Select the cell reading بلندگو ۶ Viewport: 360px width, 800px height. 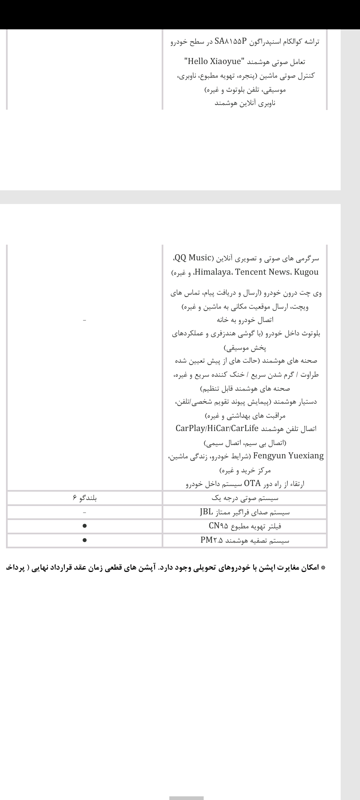[85, 498]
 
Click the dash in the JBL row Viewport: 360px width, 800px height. [85, 512]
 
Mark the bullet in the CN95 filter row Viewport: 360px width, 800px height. [85, 526]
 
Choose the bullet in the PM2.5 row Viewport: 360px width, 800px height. [85, 540]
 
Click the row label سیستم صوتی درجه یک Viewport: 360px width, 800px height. [245, 498]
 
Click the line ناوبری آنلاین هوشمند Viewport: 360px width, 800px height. [245, 103]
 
